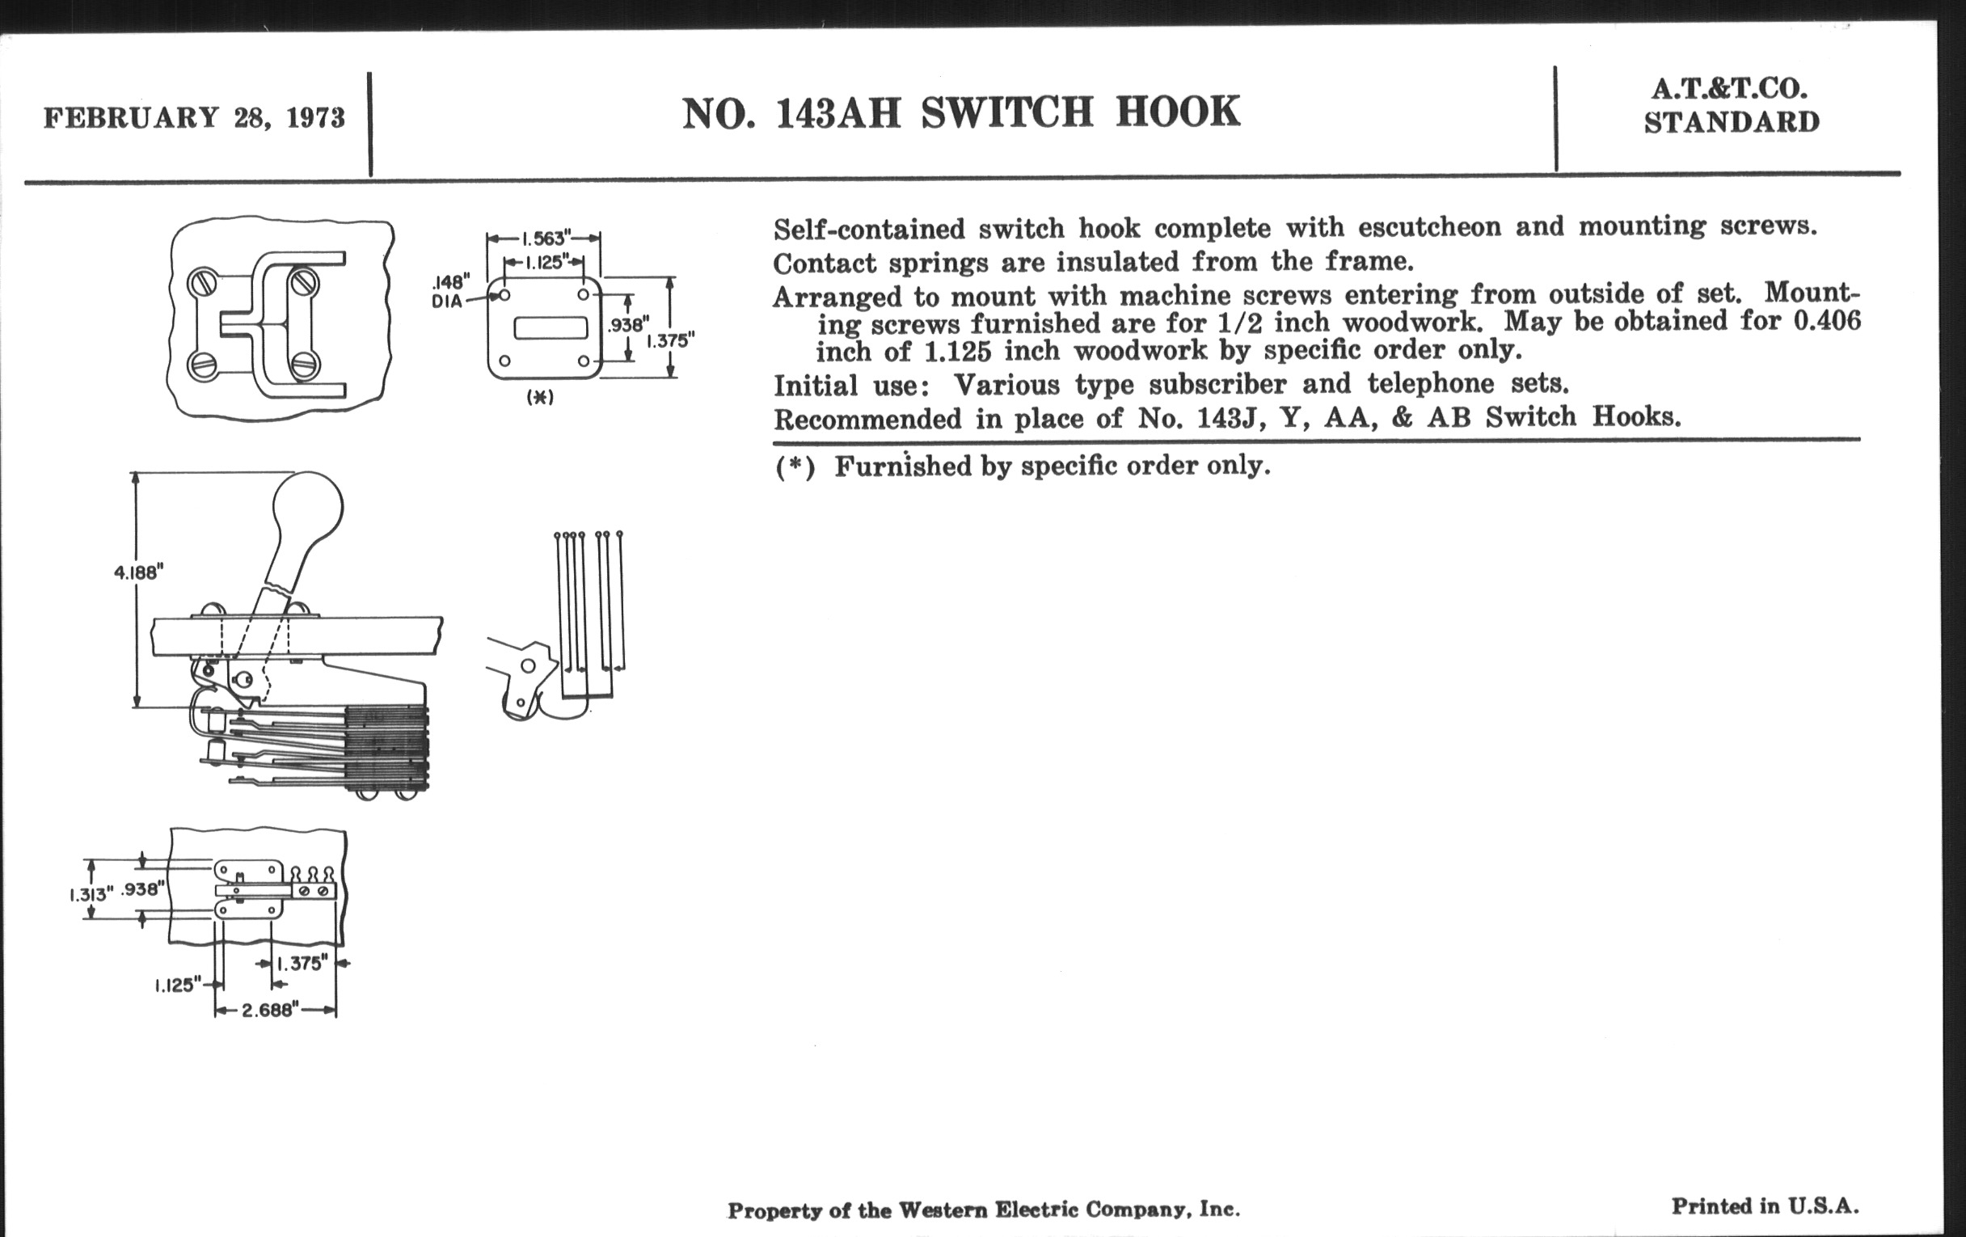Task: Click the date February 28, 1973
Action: pos(194,117)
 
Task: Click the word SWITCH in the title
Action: pos(1006,112)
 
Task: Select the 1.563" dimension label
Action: pos(544,239)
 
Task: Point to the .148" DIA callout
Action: pos(451,292)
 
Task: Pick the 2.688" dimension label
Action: pos(268,1011)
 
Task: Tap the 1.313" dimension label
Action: pos(89,894)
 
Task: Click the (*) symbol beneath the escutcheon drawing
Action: pos(541,398)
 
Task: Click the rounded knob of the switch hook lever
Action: pos(307,506)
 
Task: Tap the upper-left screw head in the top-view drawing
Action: pos(201,284)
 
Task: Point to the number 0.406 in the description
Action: pos(1826,319)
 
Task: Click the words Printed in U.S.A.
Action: pos(1766,1206)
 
